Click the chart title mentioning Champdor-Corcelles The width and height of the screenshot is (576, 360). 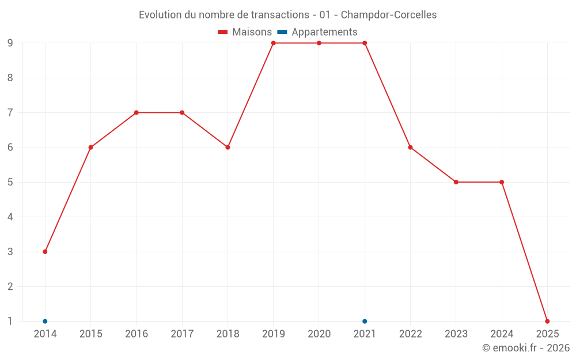tap(287, 15)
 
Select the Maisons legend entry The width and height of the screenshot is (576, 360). tap(245, 32)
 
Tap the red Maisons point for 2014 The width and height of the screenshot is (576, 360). tap(45, 252)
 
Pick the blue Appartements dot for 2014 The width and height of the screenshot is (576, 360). tap(45, 321)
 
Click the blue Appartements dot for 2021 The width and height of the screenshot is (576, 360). tap(365, 321)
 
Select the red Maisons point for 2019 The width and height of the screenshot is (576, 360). tap(274, 43)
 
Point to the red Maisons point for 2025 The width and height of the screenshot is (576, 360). tap(547, 321)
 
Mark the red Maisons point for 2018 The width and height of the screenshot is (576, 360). tap(228, 147)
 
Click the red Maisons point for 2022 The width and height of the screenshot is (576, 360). tap(411, 147)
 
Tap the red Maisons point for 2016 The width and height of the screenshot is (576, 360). tap(137, 113)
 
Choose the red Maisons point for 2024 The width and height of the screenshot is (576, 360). tap(502, 182)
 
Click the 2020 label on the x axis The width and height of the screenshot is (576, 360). tap(319, 334)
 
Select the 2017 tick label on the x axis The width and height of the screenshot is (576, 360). tap(182, 334)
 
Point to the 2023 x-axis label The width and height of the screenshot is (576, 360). tap(456, 334)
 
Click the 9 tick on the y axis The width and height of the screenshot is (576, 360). tap(10, 43)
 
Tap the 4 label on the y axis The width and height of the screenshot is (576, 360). tap(10, 217)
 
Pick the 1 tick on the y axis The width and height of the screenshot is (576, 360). tap(10, 321)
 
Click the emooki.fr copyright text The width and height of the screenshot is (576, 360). tap(526, 348)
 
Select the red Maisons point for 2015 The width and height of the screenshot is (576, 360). tap(90, 147)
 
